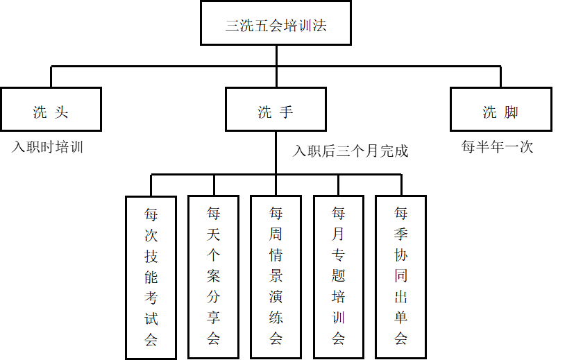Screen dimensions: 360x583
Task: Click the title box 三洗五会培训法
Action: (276, 24)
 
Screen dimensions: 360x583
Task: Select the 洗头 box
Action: (51, 110)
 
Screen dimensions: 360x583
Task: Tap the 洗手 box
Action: (276, 110)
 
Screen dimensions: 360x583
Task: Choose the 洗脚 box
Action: (500, 110)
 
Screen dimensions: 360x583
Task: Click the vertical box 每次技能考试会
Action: (151, 277)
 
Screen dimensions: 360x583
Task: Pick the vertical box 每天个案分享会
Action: (213, 276)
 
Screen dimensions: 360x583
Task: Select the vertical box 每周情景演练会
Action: (276, 276)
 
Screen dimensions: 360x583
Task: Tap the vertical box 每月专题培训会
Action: (338, 276)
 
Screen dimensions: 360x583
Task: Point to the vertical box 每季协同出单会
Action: (400, 276)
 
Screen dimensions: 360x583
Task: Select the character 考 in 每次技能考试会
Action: (151, 298)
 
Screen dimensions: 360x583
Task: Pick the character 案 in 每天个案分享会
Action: (213, 276)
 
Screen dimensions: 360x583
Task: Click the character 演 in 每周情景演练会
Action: (276, 298)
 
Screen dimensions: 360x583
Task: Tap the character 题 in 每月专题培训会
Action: (338, 276)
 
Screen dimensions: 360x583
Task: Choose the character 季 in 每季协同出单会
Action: (400, 234)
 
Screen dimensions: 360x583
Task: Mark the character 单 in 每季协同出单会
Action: (400, 318)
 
